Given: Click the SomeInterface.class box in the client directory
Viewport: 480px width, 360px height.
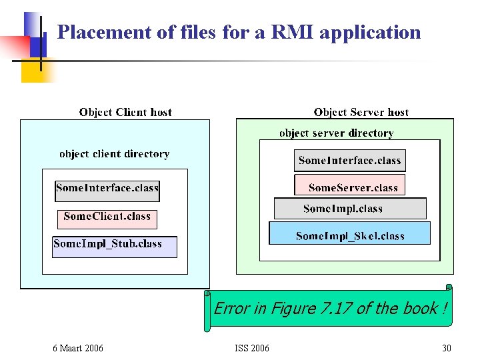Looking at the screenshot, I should point(107,189).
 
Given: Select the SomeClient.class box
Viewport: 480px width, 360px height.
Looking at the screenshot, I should point(107,217).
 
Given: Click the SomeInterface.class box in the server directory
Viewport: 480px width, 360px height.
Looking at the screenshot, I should point(349,161).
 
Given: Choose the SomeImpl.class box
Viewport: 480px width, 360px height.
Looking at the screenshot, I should point(349,209).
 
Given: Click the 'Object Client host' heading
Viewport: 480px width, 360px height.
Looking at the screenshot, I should point(125,112).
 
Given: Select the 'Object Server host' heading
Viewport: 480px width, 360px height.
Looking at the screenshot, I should point(361,112).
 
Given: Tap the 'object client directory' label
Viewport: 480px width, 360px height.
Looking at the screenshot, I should point(114,154).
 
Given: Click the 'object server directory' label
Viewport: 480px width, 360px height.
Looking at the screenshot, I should point(337,133).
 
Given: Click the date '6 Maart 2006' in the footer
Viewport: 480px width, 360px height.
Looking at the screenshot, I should point(78,348).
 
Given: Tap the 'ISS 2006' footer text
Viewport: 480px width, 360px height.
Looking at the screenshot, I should point(252,348).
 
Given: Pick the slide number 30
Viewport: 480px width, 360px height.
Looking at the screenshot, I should point(446,348).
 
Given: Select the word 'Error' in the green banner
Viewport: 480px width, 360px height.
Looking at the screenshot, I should point(231,308).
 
